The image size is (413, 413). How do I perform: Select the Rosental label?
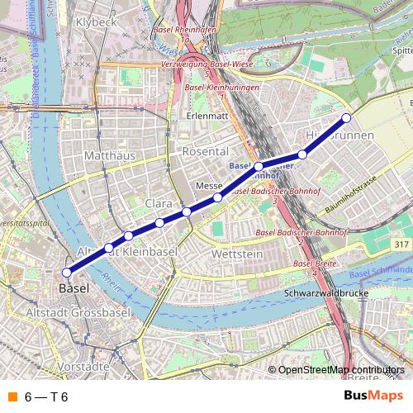pyautogui.click(x=205, y=152)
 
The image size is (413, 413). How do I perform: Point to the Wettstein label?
pyautogui.click(x=237, y=254)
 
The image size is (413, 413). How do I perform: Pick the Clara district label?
pyautogui.click(x=158, y=203)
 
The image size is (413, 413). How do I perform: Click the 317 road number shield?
pyautogui.click(x=402, y=244)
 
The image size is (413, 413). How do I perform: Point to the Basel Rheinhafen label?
pyautogui.click(x=192, y=31)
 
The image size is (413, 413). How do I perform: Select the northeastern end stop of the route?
pyautogui.click(x=347, y=117)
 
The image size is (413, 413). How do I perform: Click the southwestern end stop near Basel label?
pyautogui.click(x=67, y=273)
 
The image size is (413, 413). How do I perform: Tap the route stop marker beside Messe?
pyautogui.click(x=218, y=197)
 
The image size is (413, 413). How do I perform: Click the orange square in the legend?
pyautogui.click(x=11, y=396)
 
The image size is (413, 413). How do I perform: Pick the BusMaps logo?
pyautogui.click(x=373, y=396)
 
